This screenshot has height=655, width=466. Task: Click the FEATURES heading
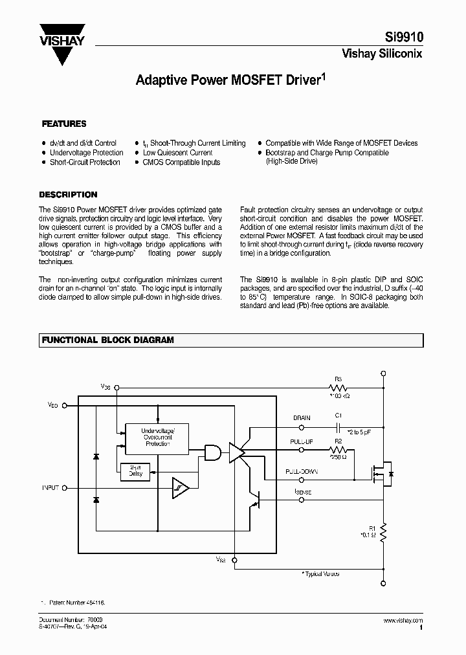(64, 124)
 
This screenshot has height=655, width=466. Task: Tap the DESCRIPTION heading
(68, 194)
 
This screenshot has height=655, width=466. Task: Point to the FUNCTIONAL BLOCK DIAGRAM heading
(107, 340)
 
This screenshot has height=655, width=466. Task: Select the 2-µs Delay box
(136, 472)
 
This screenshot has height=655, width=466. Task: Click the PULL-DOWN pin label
(300, 472)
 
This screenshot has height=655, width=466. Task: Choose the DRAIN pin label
(302, 418)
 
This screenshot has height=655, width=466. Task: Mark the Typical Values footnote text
(321, 573)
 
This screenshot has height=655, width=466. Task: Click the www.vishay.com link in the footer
(402, 619)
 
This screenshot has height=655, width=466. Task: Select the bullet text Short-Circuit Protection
(85, 162)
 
